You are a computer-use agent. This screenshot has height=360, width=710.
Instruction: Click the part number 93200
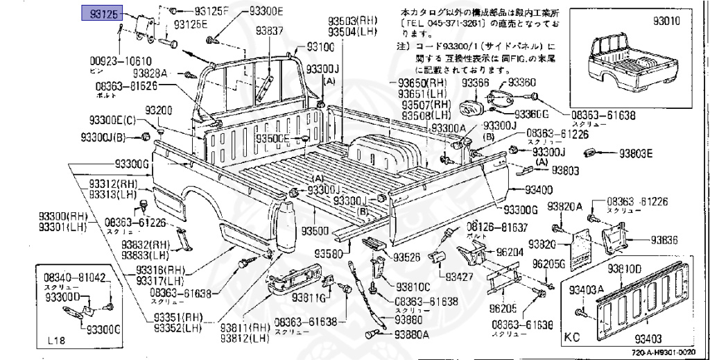pos(159,111)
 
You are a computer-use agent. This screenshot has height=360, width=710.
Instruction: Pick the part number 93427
pos(464,277)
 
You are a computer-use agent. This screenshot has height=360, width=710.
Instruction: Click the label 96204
pos(510,252)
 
